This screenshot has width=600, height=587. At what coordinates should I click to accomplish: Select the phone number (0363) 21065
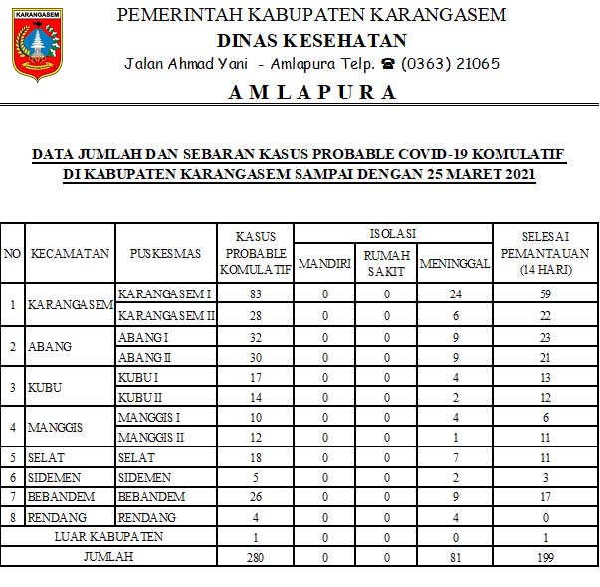pyautogui.click(x=451, y=64)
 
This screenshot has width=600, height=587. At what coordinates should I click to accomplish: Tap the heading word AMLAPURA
pyautogui.click(x=312, y=93)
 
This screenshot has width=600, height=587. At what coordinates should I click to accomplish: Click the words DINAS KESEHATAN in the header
pyautogui.click(x=311, y=40)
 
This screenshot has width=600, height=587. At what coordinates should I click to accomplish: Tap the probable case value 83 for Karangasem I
pyautogui.click(x=256, y=294)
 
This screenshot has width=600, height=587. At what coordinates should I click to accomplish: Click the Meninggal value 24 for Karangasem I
pyautogui.click(x=455, y=294)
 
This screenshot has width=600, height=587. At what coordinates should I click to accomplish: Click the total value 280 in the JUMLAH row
pyautogui.click(x=256, y=556)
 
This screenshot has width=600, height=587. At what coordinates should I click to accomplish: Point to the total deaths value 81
pyautogui.click(x=455, y=556)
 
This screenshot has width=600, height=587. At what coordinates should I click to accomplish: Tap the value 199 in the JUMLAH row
pyautogui.click(x=544, y=556)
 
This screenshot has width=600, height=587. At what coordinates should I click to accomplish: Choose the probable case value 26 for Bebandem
pyautogui.click(x=256, y=497)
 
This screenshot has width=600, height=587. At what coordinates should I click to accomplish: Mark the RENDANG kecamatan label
pyautogui.click(x=58, y=518)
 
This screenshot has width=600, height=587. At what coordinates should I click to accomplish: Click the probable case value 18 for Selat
pyautogui.click(x=256, y=457)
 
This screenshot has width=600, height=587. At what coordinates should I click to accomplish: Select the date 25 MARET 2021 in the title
pyautogui.click(x=473, y=174)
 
